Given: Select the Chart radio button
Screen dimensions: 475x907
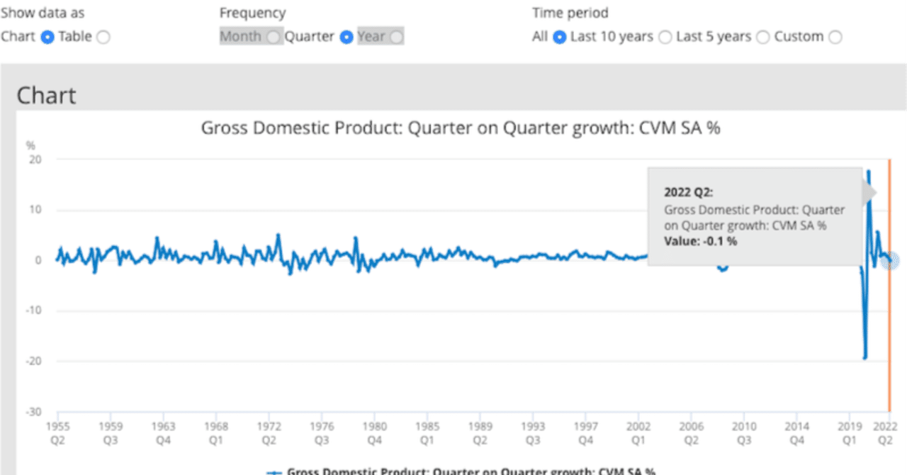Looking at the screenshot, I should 47,37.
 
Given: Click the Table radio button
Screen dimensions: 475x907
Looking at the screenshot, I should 103,37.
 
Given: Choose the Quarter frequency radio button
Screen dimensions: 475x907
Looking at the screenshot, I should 347,37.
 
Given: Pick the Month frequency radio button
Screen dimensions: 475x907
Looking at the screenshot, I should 274,37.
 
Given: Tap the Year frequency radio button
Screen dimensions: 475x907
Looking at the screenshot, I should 396,37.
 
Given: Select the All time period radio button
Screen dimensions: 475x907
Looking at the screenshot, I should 559,37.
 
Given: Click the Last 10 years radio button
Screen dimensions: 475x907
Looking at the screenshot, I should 665,37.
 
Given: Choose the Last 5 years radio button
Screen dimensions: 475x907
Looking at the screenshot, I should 762,37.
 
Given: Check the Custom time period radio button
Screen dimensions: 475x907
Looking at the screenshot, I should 835,37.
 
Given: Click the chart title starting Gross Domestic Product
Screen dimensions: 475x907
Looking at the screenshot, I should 461,128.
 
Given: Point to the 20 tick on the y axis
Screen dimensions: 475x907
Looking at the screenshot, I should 35,160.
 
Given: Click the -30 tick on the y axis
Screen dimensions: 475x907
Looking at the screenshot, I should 33,412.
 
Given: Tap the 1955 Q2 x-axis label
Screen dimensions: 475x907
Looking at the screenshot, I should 57,432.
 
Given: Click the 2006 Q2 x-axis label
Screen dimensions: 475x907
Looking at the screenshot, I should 691,432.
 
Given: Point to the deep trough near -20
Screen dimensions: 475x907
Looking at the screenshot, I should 865,357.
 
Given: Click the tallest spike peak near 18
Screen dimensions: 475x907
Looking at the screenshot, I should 869,172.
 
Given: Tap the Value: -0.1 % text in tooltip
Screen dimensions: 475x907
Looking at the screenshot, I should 700,241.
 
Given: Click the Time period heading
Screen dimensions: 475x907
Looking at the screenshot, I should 570,13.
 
